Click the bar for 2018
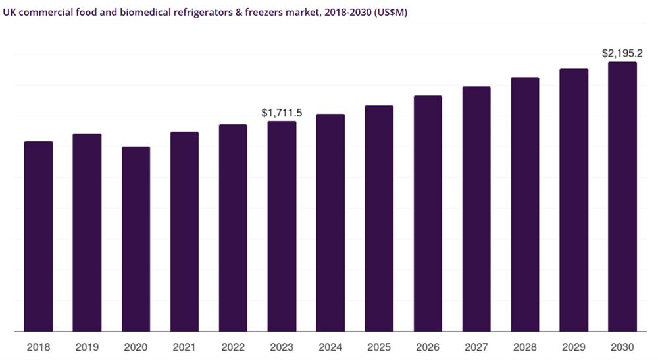[38, 236]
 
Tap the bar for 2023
[282, 226]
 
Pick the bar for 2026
[428, 213]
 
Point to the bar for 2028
[525, 204]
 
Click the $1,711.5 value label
[282, 113]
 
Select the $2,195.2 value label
[622, 53]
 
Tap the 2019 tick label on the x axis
[87, 347]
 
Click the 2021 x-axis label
[184, 347]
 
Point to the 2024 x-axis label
[330, 347]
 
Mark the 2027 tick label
[476, 347]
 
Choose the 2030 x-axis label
[622, 347]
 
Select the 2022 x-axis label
[233, 347]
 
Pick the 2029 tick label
[574, 347]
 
